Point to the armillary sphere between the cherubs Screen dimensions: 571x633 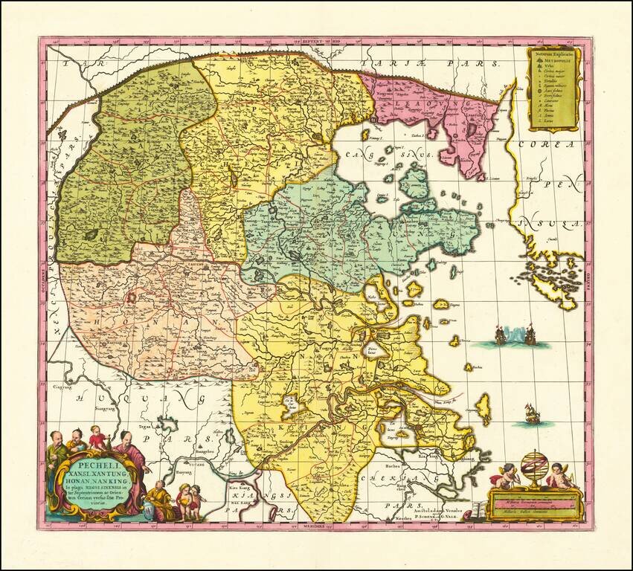click(x=533, y=467)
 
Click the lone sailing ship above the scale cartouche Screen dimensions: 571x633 click(x=532, y=414)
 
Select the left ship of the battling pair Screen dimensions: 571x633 click(x=501, y=337)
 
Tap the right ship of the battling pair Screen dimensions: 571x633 click(x=530, y=336)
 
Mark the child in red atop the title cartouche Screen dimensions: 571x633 click(x=96, y=438)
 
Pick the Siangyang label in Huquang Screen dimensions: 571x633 click(x=106, y=408)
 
